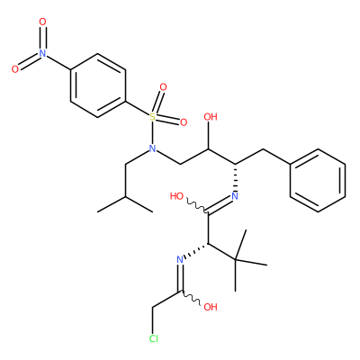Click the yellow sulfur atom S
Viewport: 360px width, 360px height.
(153, 117)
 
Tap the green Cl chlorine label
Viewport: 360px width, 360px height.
(154, 338)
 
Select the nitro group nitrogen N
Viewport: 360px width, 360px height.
(43, 53)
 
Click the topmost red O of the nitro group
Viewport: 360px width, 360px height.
(43, 22)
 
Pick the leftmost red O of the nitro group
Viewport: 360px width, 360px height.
(15, 69)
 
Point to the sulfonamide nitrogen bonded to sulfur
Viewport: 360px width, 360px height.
(153, 148)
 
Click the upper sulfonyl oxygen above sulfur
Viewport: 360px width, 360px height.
(163, 87)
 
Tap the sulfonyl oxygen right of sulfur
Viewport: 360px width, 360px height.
(184, 122)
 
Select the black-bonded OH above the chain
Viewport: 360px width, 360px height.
(211, 117)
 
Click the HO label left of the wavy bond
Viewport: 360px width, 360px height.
(176, 196)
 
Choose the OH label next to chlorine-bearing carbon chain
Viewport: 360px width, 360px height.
(211, 307)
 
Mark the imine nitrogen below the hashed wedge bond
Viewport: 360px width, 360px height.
(235, 196)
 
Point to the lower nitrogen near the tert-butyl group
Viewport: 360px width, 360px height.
(180, 259)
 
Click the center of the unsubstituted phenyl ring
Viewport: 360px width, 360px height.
(318, 180)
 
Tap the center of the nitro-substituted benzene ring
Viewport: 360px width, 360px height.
(98, 85)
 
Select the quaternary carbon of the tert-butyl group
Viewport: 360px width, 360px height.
(235, 259)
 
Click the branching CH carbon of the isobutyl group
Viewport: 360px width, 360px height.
(125, 196)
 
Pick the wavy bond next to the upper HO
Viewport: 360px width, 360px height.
(197, 205)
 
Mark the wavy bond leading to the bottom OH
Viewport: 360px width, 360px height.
(190, 298)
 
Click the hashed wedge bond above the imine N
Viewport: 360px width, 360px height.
(235, 177)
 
